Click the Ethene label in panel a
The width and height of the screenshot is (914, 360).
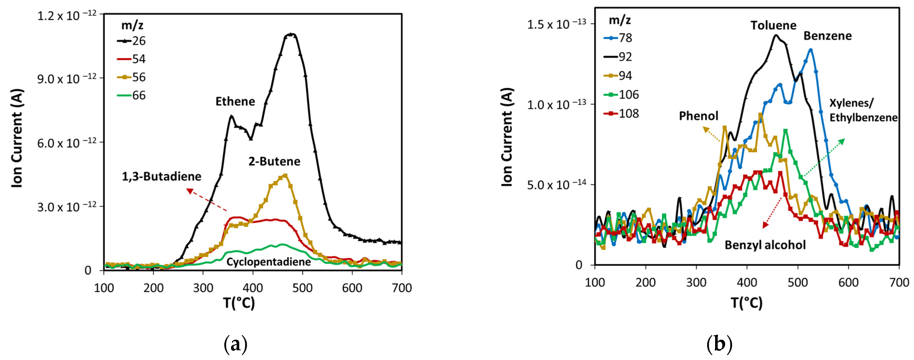pos(235,101)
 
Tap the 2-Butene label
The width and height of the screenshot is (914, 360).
pos(274,161)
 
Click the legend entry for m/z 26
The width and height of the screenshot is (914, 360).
pos(132,41)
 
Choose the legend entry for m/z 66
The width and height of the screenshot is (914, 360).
pos(132,95)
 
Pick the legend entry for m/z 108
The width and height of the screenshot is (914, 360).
pos(621,114)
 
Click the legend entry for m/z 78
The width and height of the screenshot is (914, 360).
pos(618,38)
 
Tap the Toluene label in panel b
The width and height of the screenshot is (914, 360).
pos(773,25)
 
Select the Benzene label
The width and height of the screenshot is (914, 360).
pos(827,36)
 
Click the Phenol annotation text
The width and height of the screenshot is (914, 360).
pos(698,116)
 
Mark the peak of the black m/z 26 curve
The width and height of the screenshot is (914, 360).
pos(291,34)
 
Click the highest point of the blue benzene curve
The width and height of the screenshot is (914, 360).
pos(810,50)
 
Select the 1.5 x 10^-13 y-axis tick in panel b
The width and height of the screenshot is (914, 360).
pos(556,24)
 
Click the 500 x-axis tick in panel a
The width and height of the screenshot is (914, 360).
pos(302,288)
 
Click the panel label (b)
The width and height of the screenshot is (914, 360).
pos(719,344)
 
